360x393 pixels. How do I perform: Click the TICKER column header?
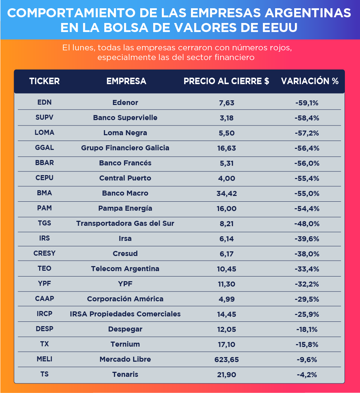click(x=44, y=81)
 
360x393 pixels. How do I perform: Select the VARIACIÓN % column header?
click(x=310, y=81)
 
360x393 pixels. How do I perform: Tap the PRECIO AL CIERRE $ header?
click(x=226, y=81)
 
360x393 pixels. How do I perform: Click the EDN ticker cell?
click(x=44, y=102)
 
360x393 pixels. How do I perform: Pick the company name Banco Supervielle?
click(x=125, y=118)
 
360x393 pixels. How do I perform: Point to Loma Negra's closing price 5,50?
click(x=227, y=133)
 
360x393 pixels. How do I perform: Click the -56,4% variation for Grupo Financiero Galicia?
click(x=307, y=148)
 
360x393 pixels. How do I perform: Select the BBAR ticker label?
click(x=44, y=163)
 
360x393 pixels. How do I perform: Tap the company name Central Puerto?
click(x=125, y=178)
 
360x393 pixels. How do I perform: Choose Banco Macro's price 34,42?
click(x=227, y=193)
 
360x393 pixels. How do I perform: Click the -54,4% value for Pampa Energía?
click(x=307, y=209)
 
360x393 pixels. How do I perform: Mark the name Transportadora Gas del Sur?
click(x=125, y=224)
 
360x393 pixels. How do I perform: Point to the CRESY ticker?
click(x=44, y=253)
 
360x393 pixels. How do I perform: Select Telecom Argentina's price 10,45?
click(x=227, y=269)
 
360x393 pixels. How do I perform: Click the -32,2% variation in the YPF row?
click(x=307, y=284)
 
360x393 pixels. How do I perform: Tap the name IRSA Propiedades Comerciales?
click(x=125, y=314)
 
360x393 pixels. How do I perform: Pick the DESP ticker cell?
click(x=44, y=329)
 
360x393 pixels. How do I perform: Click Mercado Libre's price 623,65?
click(x=227, y=360)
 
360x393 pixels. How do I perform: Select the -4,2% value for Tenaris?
click(x=307, y=375)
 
